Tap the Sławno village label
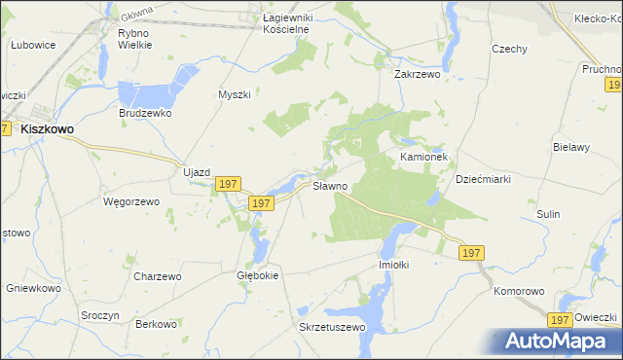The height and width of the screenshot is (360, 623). (x=329, y=185)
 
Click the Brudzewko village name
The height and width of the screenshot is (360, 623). (x=146, y=113)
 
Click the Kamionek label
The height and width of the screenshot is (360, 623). (x=422, y=156)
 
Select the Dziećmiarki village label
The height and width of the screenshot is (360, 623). (x=484, y=179)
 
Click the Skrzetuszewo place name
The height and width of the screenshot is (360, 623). (x=331, y=327)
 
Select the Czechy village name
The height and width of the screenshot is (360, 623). (x=509, y=50)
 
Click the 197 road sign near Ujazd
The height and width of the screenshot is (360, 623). (x=228, y=184)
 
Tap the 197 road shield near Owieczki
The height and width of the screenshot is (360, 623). (x=558, y=319)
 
